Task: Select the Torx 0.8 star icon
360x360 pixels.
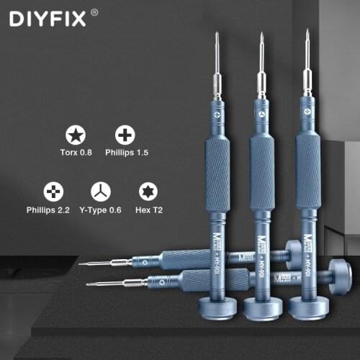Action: click(x=74, y=135)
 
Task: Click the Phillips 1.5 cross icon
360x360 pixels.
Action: click(x=125, y=135)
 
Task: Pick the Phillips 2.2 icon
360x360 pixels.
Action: click(x=52, y=191)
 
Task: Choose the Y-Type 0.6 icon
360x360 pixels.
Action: click(x=100, y=191)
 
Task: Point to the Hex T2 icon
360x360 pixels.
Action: click(x=146, y=191)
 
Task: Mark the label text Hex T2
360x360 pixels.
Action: click(x=147, y=210)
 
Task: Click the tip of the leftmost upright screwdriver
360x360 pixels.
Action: click(x=215, y=35)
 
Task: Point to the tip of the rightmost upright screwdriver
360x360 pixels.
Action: click(x=307, y=32)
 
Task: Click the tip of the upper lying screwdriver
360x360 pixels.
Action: click(x=81, y=264)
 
